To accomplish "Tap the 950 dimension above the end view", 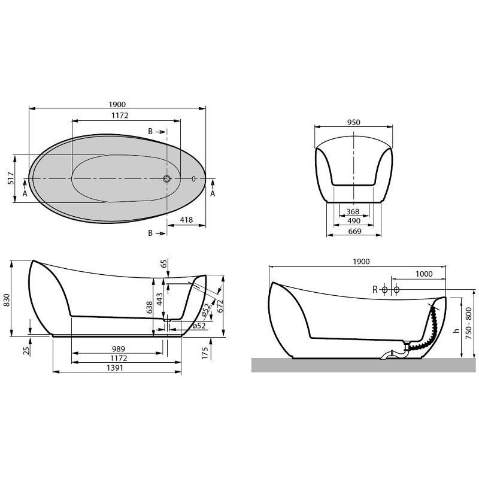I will (353, 122).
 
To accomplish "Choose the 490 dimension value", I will (353, 220).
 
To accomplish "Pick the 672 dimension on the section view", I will (220, 306).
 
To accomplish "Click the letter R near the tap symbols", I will (375, 290).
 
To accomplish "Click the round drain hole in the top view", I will (167, 178).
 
